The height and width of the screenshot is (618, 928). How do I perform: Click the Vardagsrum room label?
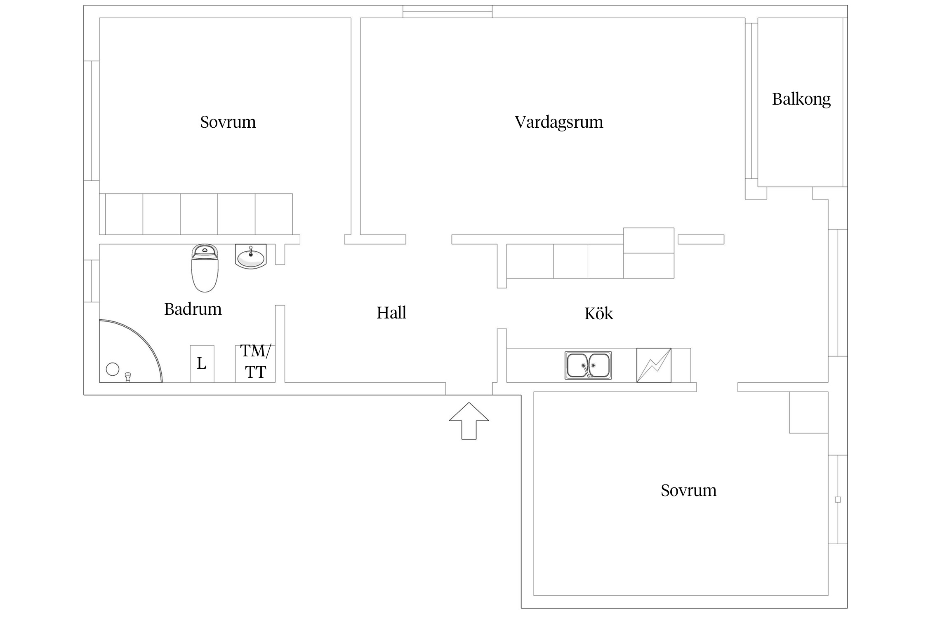558,122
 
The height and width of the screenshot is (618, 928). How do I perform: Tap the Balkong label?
801,99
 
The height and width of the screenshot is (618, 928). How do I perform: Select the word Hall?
391,313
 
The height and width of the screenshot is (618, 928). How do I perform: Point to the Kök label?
598,314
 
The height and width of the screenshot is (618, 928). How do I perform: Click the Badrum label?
193,309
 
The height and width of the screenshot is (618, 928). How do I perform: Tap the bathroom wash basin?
251,256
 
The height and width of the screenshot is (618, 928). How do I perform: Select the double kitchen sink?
588,365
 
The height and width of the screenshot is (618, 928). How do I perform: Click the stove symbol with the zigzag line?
653,365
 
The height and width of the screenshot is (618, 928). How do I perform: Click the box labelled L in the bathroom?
202,364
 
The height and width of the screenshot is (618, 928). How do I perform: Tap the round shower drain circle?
113,369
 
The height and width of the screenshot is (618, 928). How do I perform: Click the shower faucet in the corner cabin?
128,377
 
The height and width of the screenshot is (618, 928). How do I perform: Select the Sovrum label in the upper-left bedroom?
228,122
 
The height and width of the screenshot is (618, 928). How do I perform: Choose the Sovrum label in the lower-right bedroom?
688,491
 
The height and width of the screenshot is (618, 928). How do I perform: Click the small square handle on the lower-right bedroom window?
838,500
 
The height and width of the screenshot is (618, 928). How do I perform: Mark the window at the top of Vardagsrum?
447,12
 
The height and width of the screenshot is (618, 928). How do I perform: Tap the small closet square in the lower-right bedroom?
808,412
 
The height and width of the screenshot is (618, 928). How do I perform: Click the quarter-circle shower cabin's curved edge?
146,342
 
